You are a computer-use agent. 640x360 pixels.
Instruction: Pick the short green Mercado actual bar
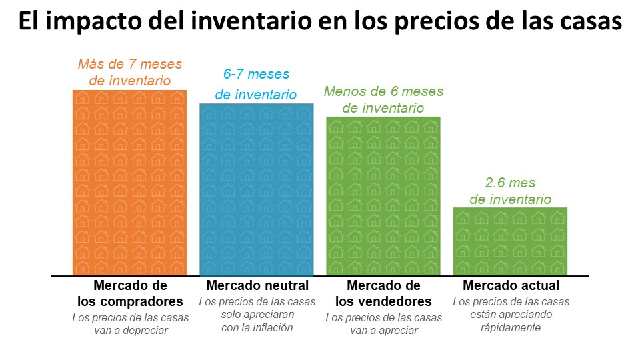(510, 241)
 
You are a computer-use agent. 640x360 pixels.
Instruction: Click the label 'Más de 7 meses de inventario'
(129, 73)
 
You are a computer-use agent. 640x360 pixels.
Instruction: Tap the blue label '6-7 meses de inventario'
(257, 85)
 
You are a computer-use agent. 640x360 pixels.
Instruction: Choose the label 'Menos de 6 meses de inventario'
(383, 99)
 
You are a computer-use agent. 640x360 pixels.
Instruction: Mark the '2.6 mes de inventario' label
(511, 191)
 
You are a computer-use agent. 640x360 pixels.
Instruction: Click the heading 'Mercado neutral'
(257, 286)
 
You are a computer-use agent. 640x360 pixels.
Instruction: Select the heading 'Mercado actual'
(511, 286)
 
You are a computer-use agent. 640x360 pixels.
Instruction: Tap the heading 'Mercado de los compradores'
(130, 293)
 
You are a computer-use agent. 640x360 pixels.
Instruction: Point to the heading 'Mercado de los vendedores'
(383, 293)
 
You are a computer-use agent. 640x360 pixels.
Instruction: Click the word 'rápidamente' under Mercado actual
(511, 328)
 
